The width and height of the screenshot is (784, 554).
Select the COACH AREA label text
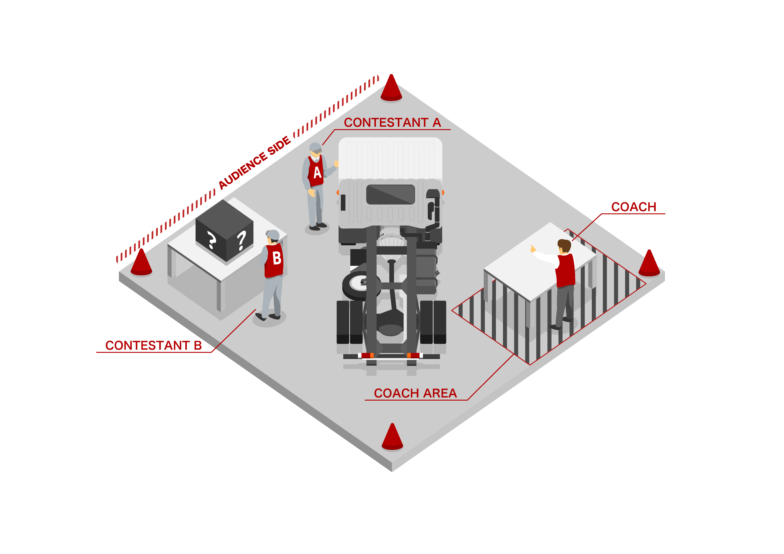[415, 393]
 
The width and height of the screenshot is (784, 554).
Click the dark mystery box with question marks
[224, 231]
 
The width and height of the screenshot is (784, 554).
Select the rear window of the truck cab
[390, 194]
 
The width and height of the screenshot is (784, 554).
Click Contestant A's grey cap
[316, 147]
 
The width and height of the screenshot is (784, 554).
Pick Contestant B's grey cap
[273, 235]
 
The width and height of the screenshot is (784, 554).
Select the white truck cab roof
[390, 159]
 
